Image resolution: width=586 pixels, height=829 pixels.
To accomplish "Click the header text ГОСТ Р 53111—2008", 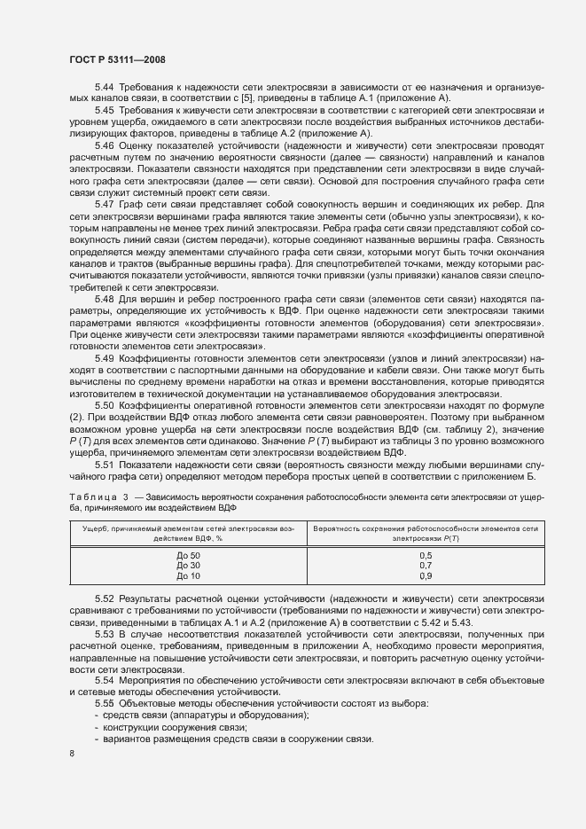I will [x=116, y=59].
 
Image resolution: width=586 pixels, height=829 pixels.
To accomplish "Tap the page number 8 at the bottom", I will [x=72, y=754].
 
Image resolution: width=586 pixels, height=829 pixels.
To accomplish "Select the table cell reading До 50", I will [x=188, y=555].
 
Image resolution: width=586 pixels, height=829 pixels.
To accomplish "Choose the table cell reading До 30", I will [x=188, y=565].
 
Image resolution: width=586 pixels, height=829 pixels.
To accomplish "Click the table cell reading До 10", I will [x=188, y=575].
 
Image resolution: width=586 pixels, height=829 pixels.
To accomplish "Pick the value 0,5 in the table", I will [x=426, y=555].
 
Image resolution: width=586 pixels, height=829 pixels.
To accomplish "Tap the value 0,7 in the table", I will [x=426, y=565].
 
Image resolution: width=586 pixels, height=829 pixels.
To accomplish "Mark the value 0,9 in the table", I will [x=426, y=575].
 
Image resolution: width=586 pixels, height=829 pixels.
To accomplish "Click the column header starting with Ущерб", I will [x=188, y=532].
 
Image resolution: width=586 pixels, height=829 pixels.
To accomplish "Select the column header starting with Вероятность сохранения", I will [x=426, y=532].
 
